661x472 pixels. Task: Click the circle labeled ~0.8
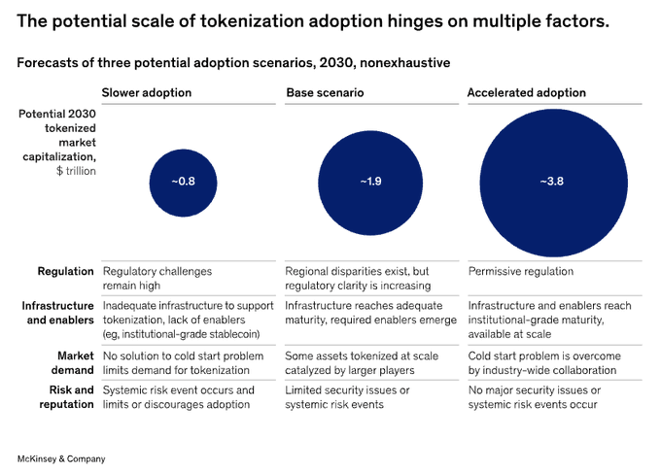tap(184, 182)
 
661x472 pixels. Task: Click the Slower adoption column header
tap(147, 93)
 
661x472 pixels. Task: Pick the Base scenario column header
tap(324, 93)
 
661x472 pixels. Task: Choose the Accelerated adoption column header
tap(526, 93)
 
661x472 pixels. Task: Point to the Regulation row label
tap(66, 272)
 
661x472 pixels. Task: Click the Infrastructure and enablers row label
tap(59, 313)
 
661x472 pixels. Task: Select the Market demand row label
tap(70, 362)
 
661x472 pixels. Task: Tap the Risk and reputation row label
tap(67, 396)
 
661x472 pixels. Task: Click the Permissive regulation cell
tap(521, 272)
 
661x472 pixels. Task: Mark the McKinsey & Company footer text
tap(61, 457)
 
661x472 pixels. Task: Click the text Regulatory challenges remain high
tap(157, 279)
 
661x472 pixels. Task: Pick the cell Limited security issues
tap(347, 396)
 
